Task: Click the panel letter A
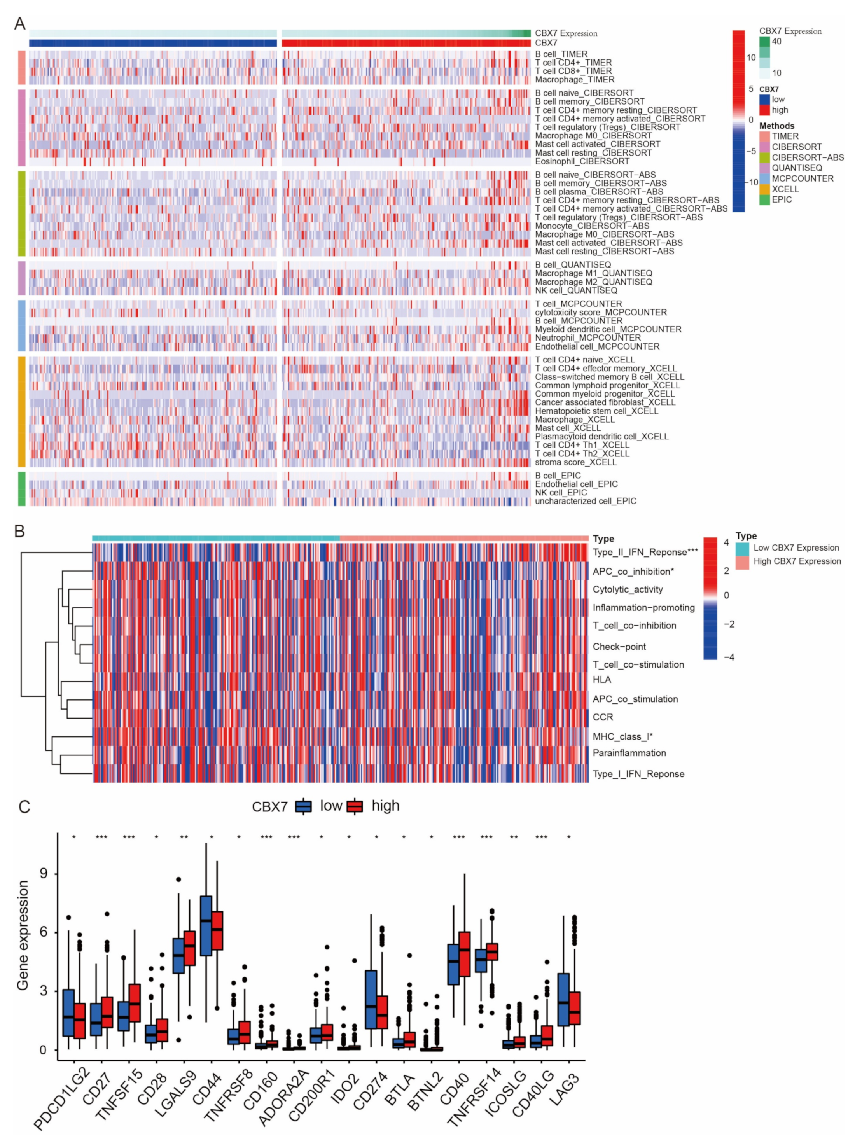click(19, 24)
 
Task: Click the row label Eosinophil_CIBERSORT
click(582, 161)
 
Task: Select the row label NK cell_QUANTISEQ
click(576, 291)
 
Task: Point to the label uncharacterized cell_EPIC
click(586, 501)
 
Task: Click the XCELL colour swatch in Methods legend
click(764, 189)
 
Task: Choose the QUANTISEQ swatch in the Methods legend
click(764, 168)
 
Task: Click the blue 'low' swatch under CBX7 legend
click(764, 100)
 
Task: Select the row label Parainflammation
click(629, 753)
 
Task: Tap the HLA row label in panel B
click(602, 680)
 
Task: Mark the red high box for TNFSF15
click(135, 1002)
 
